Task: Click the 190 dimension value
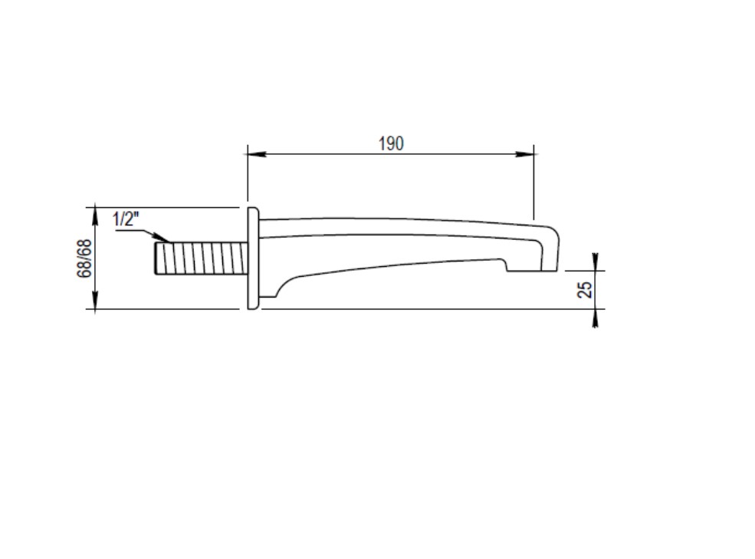tap(391, 143)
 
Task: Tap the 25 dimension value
tap(585, 289)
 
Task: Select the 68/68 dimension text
tap(84, 258)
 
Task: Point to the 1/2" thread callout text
tap(125, 219)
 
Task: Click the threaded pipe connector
tap(202, 258)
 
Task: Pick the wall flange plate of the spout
tap(253, 258)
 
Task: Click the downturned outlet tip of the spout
tap(549, 250)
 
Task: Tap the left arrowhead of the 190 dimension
tap(256, 154)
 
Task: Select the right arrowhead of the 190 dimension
tap(525, 154)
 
